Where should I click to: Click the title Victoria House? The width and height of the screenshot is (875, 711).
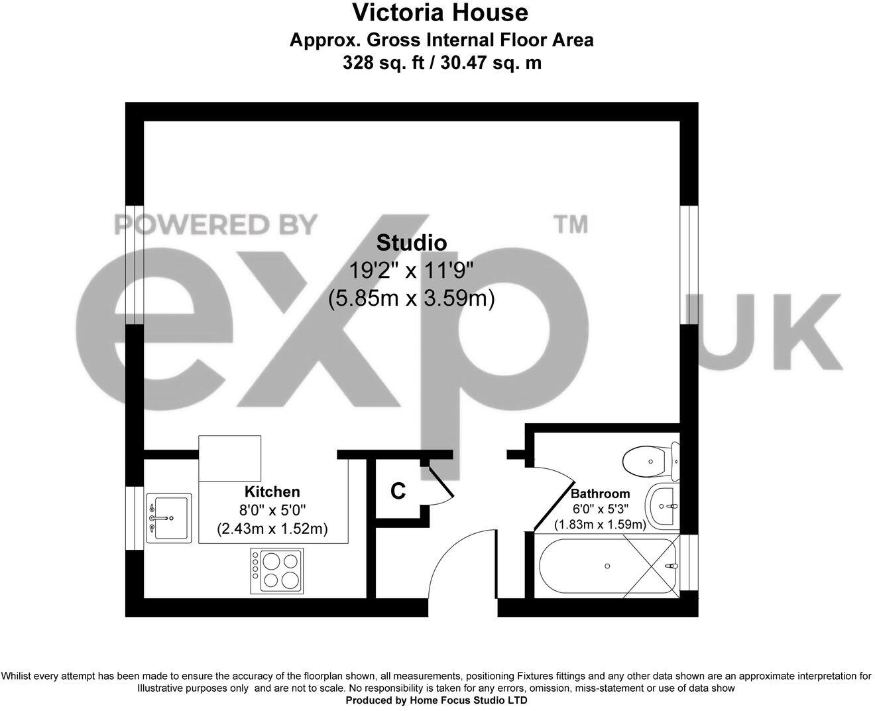pyautogui.click(x=439, y=13)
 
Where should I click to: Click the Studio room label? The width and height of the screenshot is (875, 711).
pyautogui.click(x=411, y=243)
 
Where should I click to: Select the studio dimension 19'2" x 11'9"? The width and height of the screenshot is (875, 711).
pyautogui.click(x=411, y=271)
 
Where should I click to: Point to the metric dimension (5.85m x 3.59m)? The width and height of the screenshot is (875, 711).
pyautogui.click(x=411, y=299)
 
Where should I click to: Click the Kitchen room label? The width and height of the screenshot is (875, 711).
pyautogui.click(x=272, y=491)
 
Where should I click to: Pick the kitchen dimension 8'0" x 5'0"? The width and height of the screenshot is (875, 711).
pyautogui.click(x=272, y=510)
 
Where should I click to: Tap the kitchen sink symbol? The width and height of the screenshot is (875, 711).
pyautogui.click(x=168, y=518)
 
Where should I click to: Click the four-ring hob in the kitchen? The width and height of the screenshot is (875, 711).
pyautogui.click(x=276, y=570)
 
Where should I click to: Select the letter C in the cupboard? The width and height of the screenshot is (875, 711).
pyautogui.click(x=397, y=491)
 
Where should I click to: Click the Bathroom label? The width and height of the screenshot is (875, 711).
pyautogui.click(x=600, y=493)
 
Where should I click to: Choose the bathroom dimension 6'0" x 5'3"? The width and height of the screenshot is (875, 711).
pyautogui.click(x=600, y=509)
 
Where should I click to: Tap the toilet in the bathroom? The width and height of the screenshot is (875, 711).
pyautogui.click(x=650, y=461)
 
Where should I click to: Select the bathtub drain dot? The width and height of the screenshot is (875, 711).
pyautogui.click(x=607, y=566)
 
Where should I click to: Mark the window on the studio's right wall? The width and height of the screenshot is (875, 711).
pyautogui.click(x=689, y=265)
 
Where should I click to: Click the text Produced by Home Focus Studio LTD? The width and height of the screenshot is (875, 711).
pyautogui.click(x=437, y=700)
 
